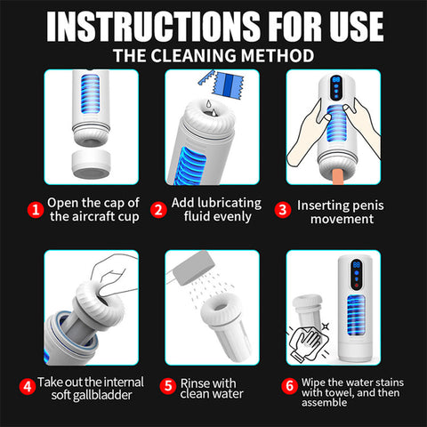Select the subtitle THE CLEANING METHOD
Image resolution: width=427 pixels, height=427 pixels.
(x=213, y=55)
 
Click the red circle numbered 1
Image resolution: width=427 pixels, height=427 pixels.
(x=36, y=210)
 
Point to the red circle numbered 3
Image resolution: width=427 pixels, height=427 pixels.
(x=284, y=210)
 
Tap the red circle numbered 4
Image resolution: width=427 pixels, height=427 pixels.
(x=28, y=386)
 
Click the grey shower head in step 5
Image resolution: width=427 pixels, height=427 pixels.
(x=201, y=267)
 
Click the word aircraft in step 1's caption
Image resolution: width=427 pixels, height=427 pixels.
(x=93, y=217)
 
